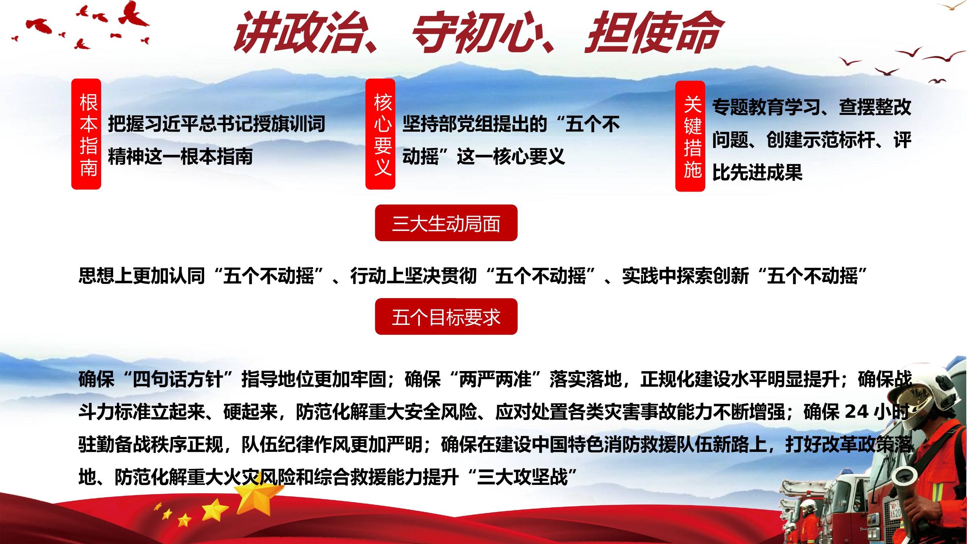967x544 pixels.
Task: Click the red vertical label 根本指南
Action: tap(86, 134)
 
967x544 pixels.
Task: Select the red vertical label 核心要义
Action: tap(380, 134)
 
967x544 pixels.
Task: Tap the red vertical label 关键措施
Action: tap(690, 136)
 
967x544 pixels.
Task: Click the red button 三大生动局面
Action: tap(446, 223)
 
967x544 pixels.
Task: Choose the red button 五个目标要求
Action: tap(446, 317)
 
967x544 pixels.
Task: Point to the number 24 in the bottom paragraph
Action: tap(856, 412)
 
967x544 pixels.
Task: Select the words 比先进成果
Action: tap(757, 172)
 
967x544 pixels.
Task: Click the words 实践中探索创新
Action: tap(685, 276)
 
